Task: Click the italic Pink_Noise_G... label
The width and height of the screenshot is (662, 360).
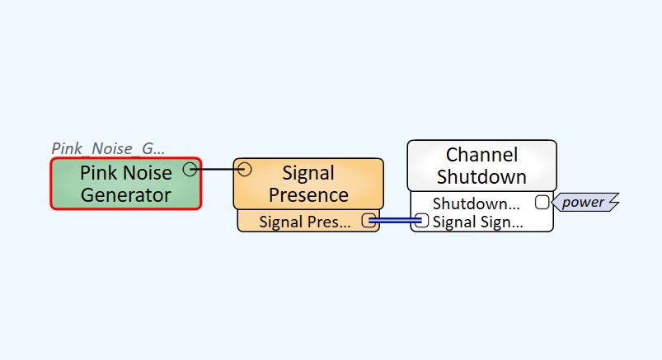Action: (108, 148)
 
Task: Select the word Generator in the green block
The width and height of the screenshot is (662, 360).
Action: (125, 195)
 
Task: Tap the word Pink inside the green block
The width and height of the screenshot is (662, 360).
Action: (99, 173)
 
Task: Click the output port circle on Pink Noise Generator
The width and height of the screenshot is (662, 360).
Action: (190, 169)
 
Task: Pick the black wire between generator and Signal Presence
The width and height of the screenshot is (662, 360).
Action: (217, 170)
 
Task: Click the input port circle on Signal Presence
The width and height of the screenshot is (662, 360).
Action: (244, 170)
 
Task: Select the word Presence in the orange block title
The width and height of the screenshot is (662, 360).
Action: (308, 195)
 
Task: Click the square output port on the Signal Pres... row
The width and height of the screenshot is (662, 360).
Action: (369, 220)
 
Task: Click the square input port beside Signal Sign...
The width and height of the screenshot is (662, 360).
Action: (422, 220)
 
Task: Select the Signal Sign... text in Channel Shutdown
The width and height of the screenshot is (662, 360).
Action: (477, 222)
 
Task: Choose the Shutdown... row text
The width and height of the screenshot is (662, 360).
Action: (477, 203)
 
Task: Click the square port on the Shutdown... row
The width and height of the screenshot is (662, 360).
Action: (542, 202)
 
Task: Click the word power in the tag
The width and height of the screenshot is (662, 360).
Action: (583, 202)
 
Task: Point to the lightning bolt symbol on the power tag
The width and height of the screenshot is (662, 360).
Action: (612, 202)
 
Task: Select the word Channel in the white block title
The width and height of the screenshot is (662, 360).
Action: (481, 155)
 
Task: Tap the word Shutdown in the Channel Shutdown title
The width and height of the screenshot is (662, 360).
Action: (481, 176)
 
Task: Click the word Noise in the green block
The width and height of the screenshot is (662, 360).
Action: (148, 173)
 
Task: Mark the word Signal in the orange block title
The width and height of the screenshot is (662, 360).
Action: (308, 173)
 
